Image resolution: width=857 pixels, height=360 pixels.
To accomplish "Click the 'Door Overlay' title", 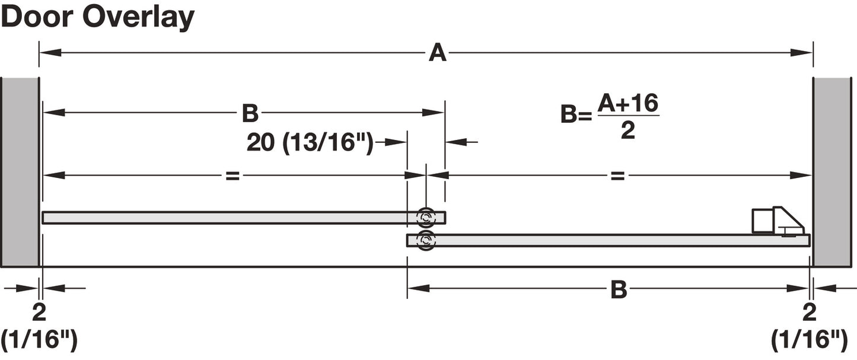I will pos(98,17).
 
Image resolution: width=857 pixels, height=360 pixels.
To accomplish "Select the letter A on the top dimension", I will pos(437,53).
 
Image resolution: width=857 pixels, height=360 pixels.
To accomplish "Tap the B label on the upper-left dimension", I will pos(250,113).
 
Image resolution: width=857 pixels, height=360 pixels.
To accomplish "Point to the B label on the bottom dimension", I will pos(619,289).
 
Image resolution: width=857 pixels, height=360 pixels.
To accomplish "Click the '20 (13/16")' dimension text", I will pos(310,142).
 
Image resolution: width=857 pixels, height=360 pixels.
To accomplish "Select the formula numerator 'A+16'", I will pos(628,104).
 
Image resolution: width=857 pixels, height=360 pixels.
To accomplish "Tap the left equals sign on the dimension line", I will pos(232,176).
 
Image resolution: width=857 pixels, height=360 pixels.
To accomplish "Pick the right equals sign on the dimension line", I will pos(618,176).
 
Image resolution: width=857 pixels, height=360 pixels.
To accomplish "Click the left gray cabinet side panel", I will pos(20,172).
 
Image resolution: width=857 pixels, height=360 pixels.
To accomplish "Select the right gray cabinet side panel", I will pos(832,172).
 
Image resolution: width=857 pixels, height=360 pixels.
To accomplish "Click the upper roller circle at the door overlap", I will pos(425,218).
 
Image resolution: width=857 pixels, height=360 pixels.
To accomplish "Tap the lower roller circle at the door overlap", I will pos(425,240).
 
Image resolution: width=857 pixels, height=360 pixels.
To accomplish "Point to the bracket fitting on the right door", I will pos(777,221).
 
